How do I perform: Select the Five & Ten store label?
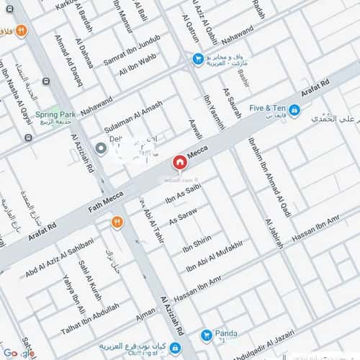[x=269, y=108]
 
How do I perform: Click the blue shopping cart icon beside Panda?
[x=207, y=334]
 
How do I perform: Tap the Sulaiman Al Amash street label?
[x=134, y=115]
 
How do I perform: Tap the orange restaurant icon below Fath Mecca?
[x=116, y=223]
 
